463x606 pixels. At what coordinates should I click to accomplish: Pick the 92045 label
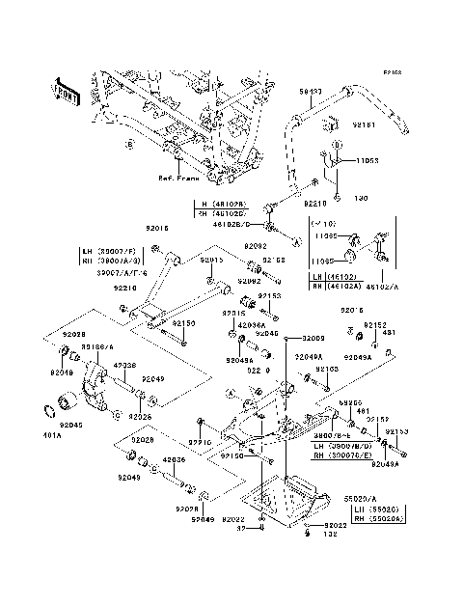pyautogui.click(x=71, y=424)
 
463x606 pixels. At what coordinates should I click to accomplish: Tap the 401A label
pyautogui.click(x=50, y=435)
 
